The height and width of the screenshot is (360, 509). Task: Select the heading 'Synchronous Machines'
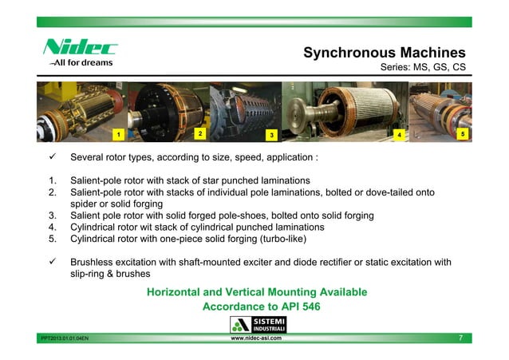pyautogui.click(x=384, y=53)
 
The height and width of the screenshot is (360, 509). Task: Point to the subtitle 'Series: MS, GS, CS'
pyautogui.click(x=421, y=69)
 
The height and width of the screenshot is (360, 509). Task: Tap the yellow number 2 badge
pyautogui.click(x=200, y=132)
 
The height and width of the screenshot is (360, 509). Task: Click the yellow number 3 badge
pyautogui.click(x=270, y=135)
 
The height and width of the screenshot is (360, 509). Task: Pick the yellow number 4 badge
pyautogui.click(x=399, y=135)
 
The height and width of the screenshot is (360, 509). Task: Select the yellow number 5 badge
pyautogui.click(x=463, y=134)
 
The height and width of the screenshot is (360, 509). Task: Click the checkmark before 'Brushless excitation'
pyautogui.click(x=49, y=262)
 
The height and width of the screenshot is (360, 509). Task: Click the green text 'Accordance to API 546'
pyautogui.click(x=256, y=307)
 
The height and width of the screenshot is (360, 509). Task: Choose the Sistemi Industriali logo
pyautogui.click(x=254, y=324)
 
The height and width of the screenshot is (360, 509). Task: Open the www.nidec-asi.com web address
pyautogui.click(x=255, y=338)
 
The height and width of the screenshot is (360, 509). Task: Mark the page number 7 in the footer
pyautogui.click(x=460, y=338)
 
